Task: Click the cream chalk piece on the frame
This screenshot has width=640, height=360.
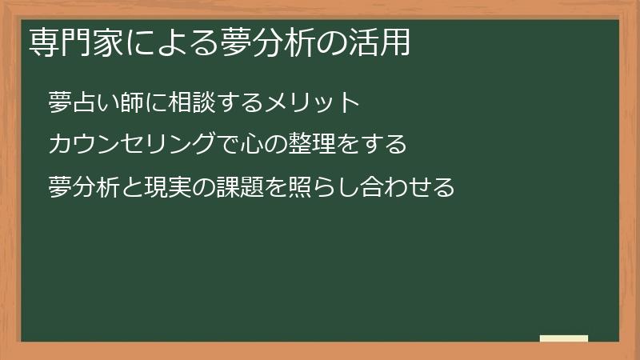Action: coord(564,338)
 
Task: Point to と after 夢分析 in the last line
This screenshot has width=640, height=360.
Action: coord(128,187)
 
